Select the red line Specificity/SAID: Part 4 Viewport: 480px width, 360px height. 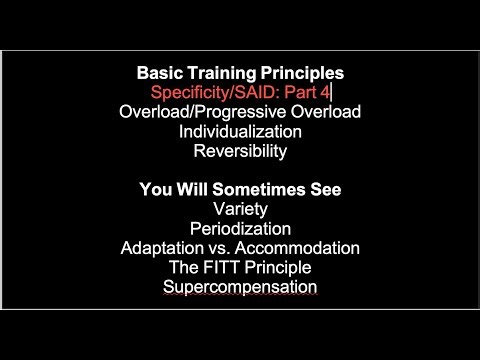coord(239,92)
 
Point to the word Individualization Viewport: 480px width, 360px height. coord(239,131)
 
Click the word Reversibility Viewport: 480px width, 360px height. coord(239,151)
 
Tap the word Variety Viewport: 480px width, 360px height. coord(239,209)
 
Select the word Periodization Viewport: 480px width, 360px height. coord(239,229)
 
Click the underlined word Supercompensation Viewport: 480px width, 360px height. coord(239,287)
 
